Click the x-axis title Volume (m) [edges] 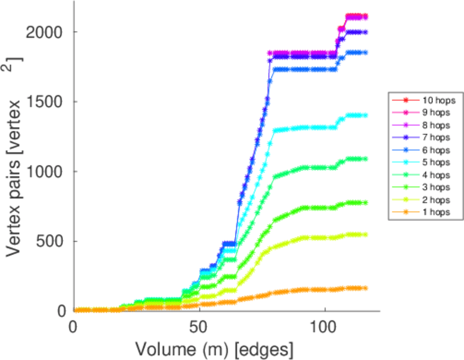(x=214, y=349)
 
